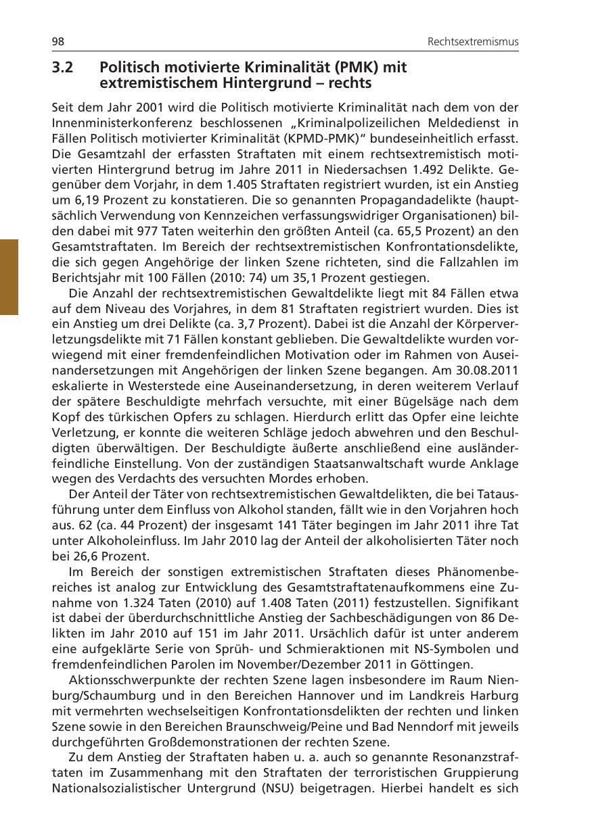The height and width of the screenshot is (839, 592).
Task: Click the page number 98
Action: point(58,42)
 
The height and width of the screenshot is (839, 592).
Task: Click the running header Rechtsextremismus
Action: point(473,42)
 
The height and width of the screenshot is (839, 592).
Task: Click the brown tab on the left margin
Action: point(9,277)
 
